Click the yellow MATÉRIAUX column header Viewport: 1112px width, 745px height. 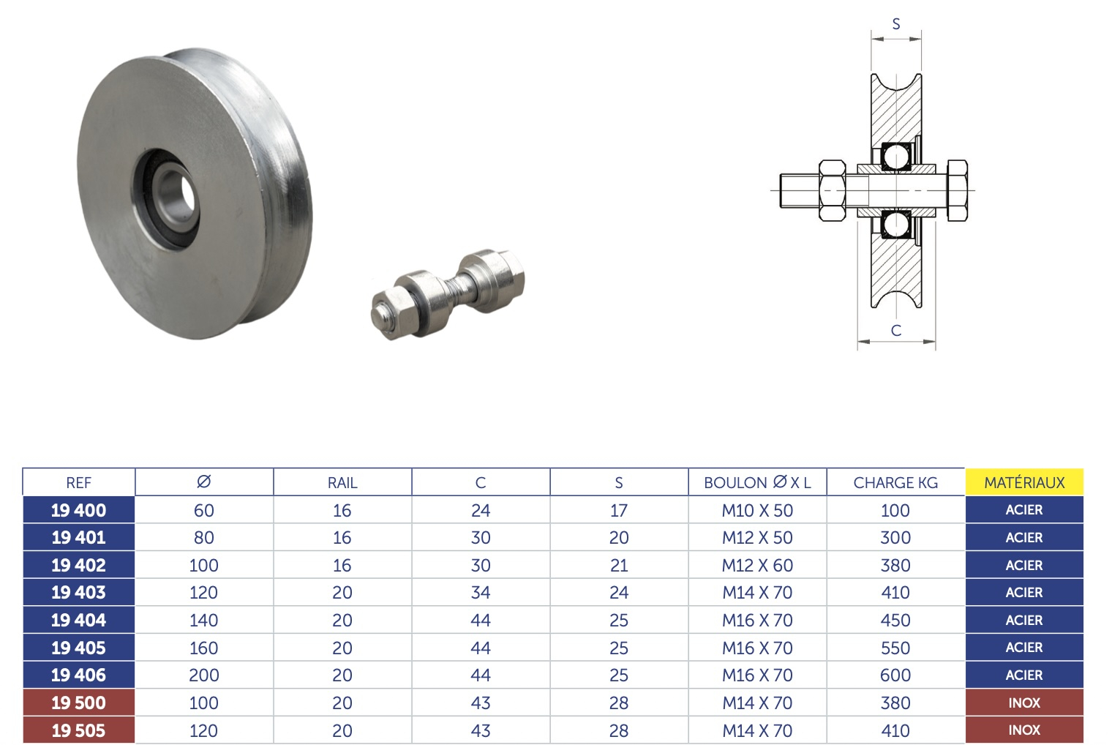(x=1024, y=482)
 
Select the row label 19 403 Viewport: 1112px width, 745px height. (x=78, y=593)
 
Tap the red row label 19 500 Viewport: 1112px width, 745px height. (x=78, y=703)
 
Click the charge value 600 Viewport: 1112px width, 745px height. (x=895, y=675)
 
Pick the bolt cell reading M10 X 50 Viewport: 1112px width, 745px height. (x=757, y=510)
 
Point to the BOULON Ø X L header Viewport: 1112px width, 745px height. (x=757, y=482)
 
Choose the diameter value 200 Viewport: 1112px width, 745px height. (x=203, y=675)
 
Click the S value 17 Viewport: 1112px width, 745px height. (x=619, y=510)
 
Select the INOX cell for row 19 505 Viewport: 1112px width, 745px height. (x=1024, y=730)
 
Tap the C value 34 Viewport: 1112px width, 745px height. (x=481, y=593)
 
